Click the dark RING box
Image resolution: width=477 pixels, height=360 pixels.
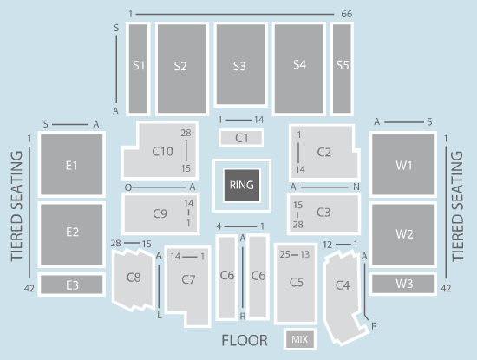coord(242,185)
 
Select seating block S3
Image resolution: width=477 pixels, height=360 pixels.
coord(240,64)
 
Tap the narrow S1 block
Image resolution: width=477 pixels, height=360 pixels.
coord(138,69)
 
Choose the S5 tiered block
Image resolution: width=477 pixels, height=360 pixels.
coord(342,69)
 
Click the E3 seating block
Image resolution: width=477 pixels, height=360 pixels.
coord(72,285)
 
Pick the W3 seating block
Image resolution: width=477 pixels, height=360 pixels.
coord(403,284)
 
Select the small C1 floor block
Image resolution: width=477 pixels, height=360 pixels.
coord(241,138)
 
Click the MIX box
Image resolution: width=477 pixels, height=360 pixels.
coord(300,338)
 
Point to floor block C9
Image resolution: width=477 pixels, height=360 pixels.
coord(160,213)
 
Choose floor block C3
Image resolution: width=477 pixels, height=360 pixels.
coord(323,213)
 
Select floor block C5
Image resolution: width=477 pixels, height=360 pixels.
coord(296,284)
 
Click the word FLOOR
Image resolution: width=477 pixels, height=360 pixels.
coord(245,341)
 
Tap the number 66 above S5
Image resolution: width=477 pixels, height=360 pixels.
coord(347,14)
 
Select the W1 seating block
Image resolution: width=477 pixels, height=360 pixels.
coord(403,164)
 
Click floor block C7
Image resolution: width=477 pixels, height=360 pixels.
coord(188,281)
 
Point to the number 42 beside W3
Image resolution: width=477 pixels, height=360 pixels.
coord(446,288)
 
